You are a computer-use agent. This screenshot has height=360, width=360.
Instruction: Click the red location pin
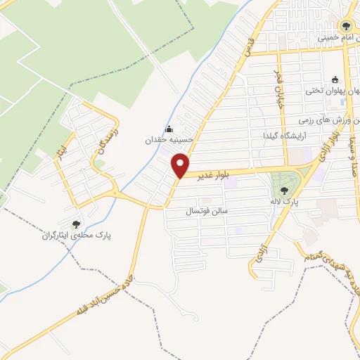tap(181, 166)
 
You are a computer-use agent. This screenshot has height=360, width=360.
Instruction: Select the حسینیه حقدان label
tap(169, 140)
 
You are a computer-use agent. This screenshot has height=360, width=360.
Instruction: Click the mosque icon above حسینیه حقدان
tap(169, 129)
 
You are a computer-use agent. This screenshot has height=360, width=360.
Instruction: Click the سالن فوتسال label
tap(204, 211)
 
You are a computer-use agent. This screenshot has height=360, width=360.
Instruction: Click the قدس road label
tap(245, 48)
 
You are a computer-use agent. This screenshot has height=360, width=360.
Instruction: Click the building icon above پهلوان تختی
tap(335, 79)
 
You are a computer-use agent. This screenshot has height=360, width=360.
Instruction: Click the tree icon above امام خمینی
tap(345, 27)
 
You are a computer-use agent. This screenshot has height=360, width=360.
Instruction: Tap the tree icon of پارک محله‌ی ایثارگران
tap(76, 224)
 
